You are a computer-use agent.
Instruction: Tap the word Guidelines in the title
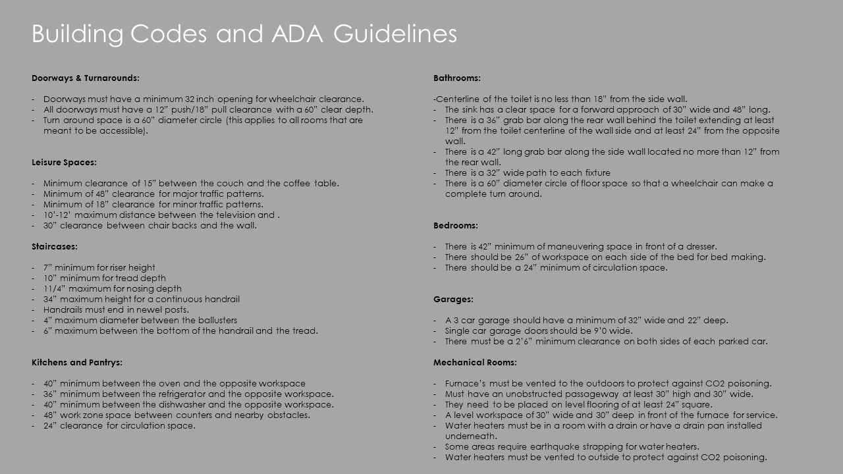(395, 34)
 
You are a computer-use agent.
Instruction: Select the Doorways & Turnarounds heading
(86, 78)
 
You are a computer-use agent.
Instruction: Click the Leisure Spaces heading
(64, 162)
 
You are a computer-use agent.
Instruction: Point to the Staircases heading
(55, 246)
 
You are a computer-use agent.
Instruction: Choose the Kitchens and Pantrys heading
(77, 362)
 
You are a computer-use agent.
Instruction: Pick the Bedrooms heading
(456, 225)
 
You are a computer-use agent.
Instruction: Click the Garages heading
(453, 299)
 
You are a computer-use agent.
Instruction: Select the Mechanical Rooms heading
(475, 362)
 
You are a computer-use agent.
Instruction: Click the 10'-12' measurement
(57, 215)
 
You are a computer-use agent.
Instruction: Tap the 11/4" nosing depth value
(55, 288)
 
